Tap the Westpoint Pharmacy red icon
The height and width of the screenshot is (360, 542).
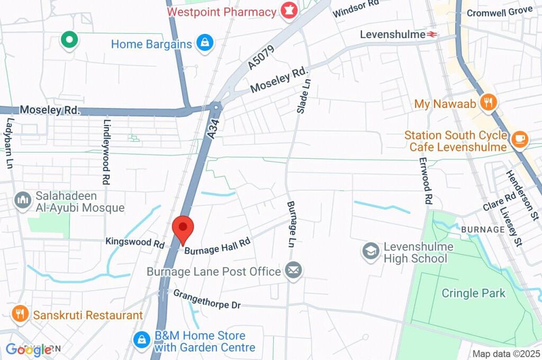coord(288,11)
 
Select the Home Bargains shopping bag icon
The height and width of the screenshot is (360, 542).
coord(204,43)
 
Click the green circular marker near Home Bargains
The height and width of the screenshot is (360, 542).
coord(69,40)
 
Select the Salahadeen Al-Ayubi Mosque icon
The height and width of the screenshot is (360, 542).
coord(22,200)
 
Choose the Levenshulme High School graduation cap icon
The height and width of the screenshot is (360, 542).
coord(371,251)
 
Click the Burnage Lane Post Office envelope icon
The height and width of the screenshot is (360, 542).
coord(293,271)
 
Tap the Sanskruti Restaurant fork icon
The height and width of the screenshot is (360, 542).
coord(20,314)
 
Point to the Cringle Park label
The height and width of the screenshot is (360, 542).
coord(474,293)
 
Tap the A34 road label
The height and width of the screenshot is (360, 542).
coord(213,129)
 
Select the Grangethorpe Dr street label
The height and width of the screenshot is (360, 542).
coord(207,300)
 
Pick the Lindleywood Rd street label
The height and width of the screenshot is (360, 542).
coord(106,158)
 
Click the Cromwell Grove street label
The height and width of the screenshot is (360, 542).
coord(500,12)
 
